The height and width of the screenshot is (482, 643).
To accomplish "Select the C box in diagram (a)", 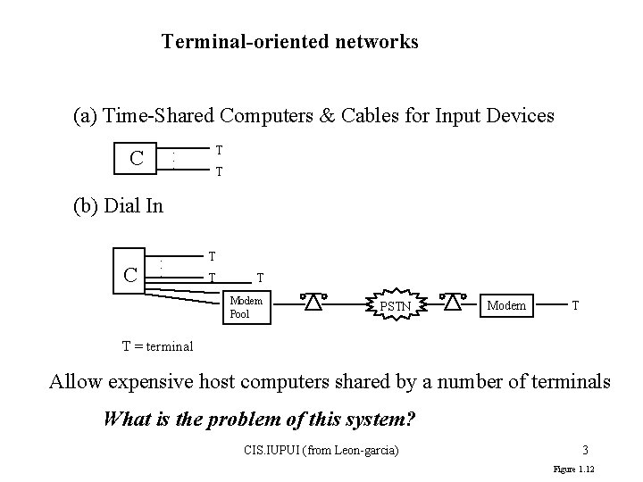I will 137,159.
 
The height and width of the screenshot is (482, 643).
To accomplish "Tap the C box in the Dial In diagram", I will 130,274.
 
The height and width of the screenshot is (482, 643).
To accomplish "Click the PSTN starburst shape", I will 397,306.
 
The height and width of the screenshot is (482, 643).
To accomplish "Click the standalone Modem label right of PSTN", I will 506,305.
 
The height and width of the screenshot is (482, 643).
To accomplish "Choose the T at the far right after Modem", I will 576,305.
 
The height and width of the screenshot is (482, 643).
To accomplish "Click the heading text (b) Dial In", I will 118,206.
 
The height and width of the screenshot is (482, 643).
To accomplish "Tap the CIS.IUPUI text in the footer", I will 271,449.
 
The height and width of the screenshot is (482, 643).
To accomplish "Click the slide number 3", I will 584,449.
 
